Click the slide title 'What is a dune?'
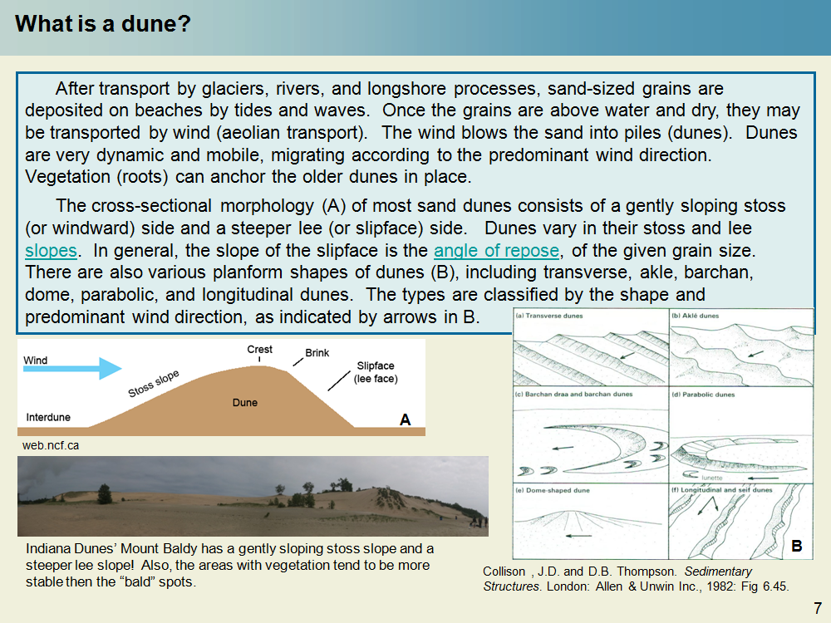pos(103,24)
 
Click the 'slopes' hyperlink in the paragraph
pos(51,250)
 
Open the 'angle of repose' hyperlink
pos(497,250)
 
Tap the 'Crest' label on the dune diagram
pos(260,350)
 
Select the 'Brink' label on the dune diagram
pos(317,353)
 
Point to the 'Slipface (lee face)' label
pos(376,372)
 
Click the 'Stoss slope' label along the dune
pos(154,383)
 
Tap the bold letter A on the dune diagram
pos(405,420)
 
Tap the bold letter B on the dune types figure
pos(796,547)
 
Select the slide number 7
pos(817,607)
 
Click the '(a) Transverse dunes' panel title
pos(549,316)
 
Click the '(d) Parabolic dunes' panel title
pos(704,395)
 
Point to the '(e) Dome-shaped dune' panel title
pos(552,490)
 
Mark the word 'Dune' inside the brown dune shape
pos(244,403)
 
